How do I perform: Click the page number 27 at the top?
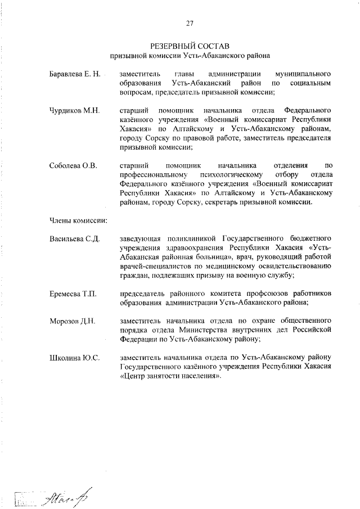click(190, 23)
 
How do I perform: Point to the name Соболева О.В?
click(73, 165)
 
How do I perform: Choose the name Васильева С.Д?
click(74, 239)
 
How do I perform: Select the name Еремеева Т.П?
click(73, 294)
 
